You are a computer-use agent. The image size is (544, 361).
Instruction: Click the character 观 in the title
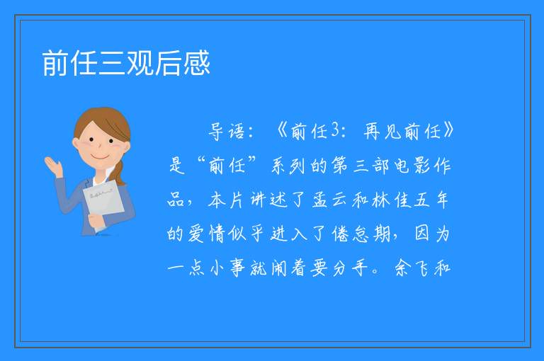140,63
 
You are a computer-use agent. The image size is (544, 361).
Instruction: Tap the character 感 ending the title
196,63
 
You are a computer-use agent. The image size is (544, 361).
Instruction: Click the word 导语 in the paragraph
227,132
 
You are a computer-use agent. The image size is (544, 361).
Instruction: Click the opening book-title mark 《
283,131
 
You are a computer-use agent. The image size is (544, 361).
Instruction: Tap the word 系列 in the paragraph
288,165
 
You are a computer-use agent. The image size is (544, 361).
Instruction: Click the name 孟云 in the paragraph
329,200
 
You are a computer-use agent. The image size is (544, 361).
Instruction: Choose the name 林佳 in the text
390,200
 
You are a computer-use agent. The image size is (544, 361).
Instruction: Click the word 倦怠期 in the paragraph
361,234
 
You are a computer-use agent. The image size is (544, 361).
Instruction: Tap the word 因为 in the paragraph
432,234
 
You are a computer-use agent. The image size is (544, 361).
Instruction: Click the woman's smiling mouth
99,156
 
